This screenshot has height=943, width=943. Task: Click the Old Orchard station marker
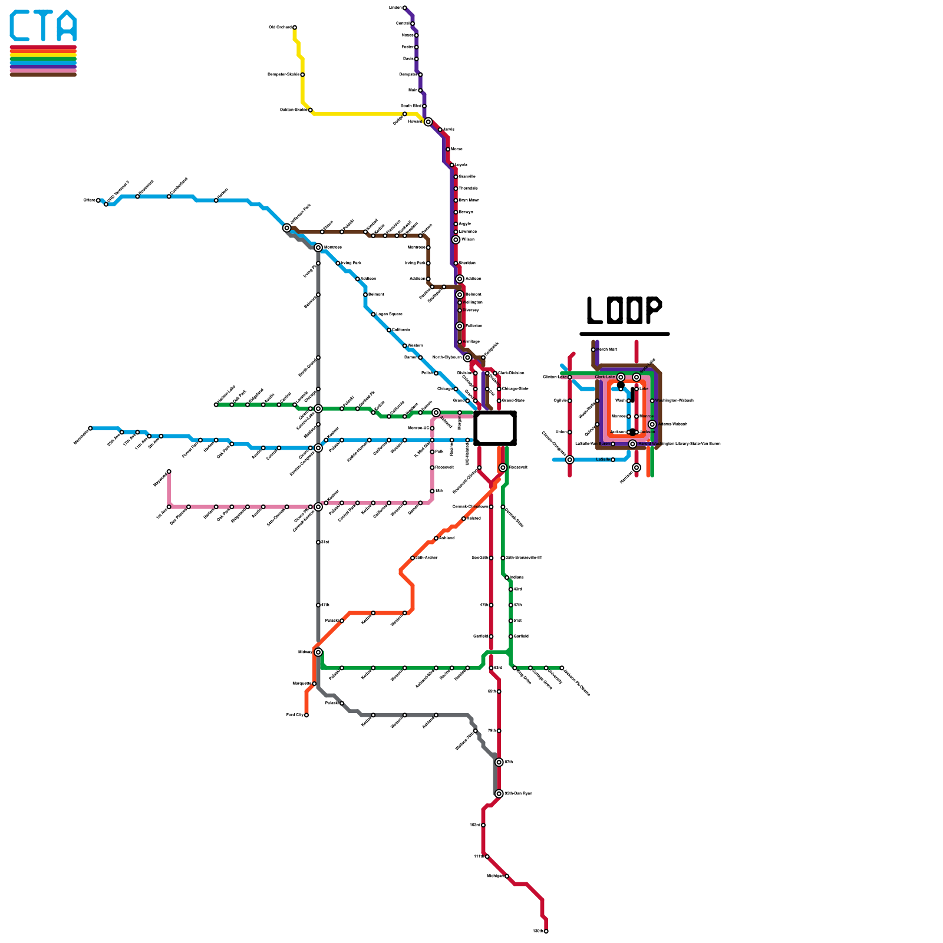[x=295, y=28]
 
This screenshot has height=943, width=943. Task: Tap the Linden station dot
[x=404, y=8]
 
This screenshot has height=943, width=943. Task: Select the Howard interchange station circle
[x=428, y=122]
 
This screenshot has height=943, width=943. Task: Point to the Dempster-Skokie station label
[x=283, y=75]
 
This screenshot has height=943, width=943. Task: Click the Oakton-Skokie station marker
[x=310, y=110]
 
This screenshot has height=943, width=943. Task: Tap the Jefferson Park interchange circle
[x=287, y=228]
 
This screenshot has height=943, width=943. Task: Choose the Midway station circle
[x=318, y=652]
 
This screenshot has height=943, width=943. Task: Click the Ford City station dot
[x=306, y=716]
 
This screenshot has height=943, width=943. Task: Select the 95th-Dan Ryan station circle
[x=499, y=794]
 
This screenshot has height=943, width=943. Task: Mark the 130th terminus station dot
[x=546, y=931]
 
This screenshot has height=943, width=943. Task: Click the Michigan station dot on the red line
[x=507, y=876]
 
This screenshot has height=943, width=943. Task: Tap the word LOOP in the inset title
[x=624, y=311]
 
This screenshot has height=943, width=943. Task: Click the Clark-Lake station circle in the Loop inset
[x=621, y=377]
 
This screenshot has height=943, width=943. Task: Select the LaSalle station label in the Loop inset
[x=602, y=460]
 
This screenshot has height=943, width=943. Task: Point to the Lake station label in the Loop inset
[x=644, y=389]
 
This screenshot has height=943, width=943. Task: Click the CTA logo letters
[x=43, y=27]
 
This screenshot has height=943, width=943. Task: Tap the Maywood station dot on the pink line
[x=169, y=471]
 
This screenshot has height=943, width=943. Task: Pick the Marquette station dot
[x=314, y=684]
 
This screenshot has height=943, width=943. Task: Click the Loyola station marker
[x=452, y=165]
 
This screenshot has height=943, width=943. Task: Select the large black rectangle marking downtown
[x=495, y=428]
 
